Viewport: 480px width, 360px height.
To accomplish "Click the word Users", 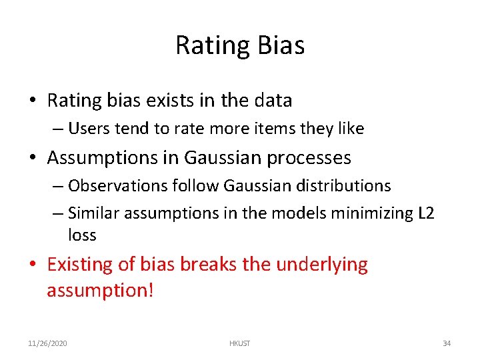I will [x=87, y=129].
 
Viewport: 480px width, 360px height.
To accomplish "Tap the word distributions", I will [x=349, y=185].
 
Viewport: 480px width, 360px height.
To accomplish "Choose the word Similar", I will [x=92, y=213].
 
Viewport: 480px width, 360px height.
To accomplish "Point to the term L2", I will [x=427, y=213].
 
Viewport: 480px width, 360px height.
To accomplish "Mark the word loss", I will [x=82, y=235].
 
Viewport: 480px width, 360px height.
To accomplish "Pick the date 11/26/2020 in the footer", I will [x=47, y=343].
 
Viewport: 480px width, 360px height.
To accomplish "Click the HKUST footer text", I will [x=239, y=343].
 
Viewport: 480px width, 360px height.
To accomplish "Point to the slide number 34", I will [x=447, y=343].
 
